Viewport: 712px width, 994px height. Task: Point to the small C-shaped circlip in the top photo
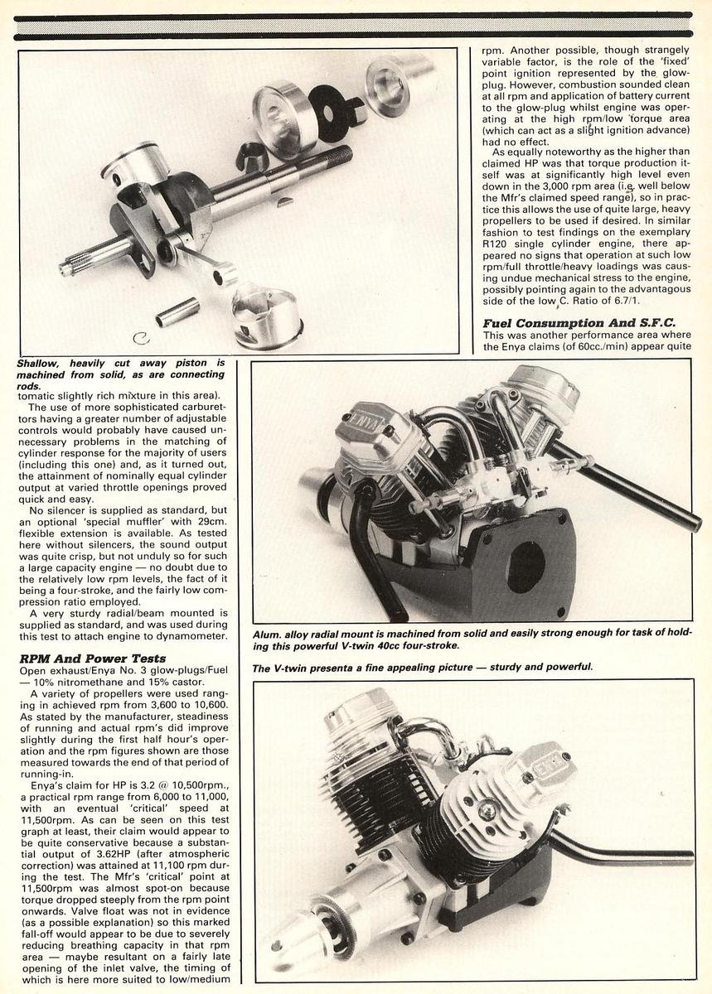141,337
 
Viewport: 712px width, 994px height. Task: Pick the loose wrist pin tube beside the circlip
177,311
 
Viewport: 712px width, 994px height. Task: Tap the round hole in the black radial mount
526,567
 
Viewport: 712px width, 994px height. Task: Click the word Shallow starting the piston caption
41,363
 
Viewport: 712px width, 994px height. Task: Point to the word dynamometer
195,635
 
